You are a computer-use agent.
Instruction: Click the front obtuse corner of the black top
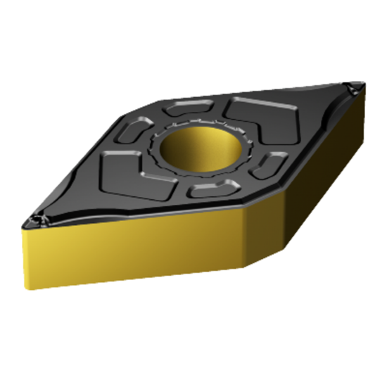click(x=243, y=207)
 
